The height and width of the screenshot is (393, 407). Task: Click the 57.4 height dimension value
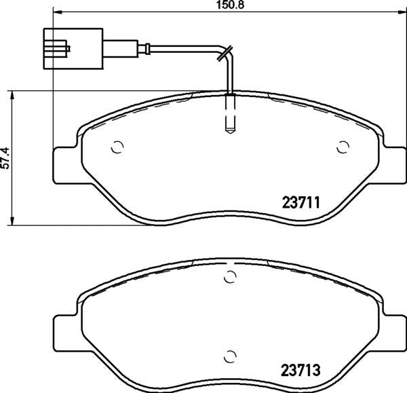pos(5,158)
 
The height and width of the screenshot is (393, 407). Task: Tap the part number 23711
pos(301,202)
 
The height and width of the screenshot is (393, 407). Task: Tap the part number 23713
pos(301,370)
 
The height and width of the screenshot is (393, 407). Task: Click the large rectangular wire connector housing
pos(73,49)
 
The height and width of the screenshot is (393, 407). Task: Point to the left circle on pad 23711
pos(117,147)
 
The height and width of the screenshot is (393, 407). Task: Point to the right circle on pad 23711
pos(343,147)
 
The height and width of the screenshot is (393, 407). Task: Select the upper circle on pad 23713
pos(230,276)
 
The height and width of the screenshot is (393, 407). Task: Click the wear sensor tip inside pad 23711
pos(230,114)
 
